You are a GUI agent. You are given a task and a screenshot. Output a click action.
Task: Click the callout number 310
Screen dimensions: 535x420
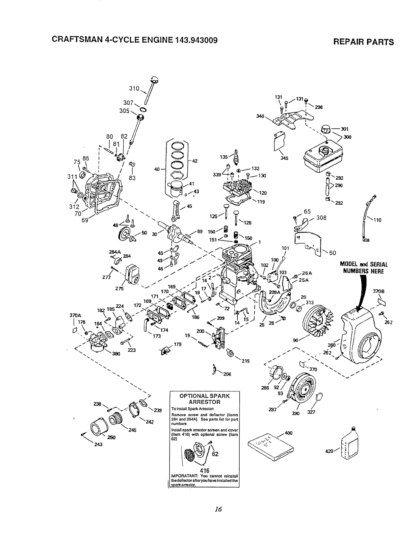(x=134, y=88)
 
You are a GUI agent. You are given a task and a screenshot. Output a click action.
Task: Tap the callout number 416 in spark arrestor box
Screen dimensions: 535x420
(x=204, y=470)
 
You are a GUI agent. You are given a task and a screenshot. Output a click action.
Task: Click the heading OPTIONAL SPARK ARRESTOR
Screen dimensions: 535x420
(x=204, y=399)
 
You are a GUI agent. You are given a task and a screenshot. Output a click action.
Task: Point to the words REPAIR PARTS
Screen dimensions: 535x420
(x=363, y=42)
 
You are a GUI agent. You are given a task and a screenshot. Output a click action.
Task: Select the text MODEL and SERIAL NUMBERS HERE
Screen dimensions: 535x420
(x=364, y=267)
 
